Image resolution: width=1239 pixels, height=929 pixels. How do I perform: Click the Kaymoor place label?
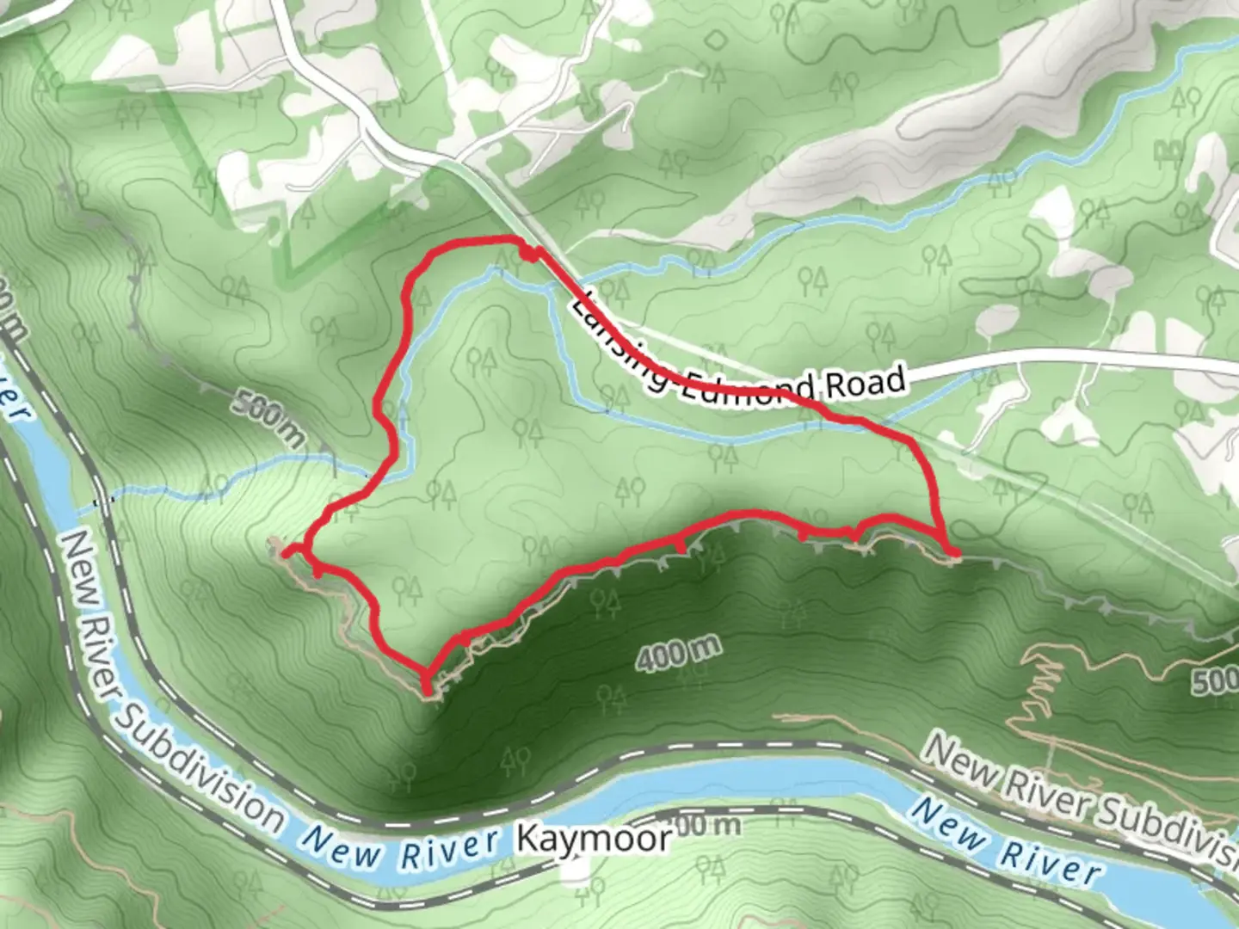(594, 837)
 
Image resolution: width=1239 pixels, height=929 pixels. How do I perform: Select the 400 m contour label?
(678, 655)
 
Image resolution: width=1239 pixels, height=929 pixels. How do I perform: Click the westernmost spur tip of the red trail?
(284, 551)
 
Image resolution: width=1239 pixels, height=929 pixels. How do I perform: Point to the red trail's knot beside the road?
(530, 253)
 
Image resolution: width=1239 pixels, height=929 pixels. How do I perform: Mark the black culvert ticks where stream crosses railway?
(103, 501)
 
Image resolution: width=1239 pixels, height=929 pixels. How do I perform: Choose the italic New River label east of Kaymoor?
(1005, 843)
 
